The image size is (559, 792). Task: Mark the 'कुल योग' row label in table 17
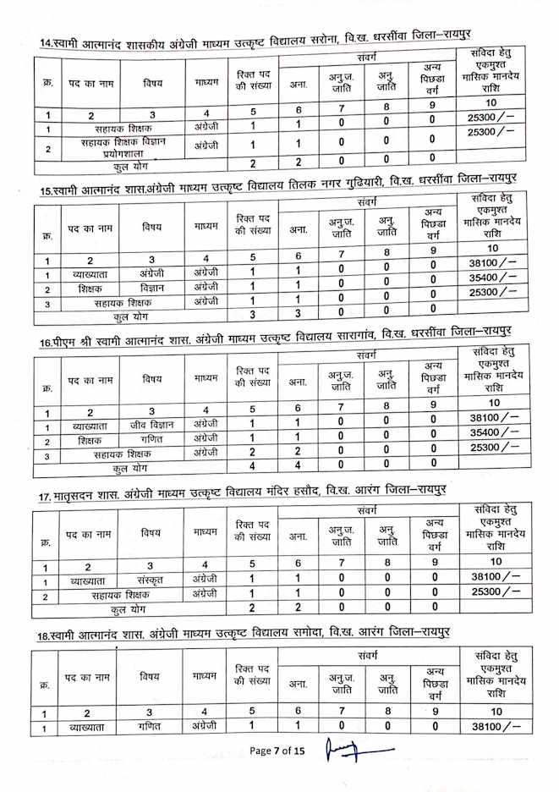click(x=127, y=608)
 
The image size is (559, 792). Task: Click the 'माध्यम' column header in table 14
click(x=206, y=84)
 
